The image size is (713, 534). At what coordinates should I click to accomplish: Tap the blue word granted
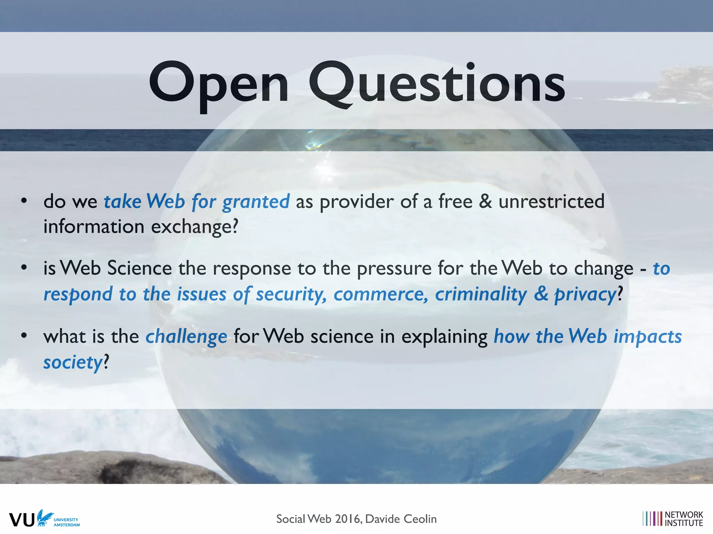click(x=256, y=202)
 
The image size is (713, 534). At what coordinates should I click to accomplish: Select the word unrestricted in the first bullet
click(x=551, y=201)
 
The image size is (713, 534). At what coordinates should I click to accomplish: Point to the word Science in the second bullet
click(x=139, y=268)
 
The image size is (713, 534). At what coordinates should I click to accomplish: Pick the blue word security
click(x=291, y=294)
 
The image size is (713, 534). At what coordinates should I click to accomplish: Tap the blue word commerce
click(x=380, y=294)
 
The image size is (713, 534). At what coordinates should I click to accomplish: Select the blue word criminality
click(x=481, y=294)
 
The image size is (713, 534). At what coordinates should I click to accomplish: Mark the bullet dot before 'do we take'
click(x=24, y=201)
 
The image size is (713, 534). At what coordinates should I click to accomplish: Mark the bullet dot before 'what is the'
click(x=24, y=336)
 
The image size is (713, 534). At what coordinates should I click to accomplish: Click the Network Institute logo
click(x=673, y=519)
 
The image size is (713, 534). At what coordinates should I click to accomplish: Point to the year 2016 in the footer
click(x=348, y=519)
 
